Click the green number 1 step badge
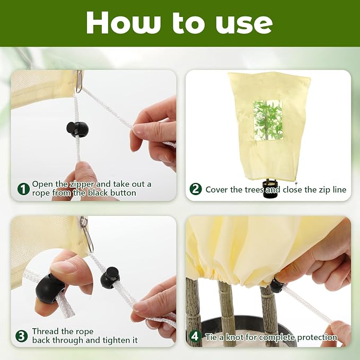click(23, 189)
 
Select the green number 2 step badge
click(196, 189)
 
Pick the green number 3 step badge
click(22, 336)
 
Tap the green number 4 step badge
click(195, 336)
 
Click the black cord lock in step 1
click(77, 129)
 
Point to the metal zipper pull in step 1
click(79, 81)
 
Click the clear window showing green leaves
click(268, 120)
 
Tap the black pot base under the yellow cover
click(271, 189)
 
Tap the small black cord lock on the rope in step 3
click(110, 278)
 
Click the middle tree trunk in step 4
click(226, 312)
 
